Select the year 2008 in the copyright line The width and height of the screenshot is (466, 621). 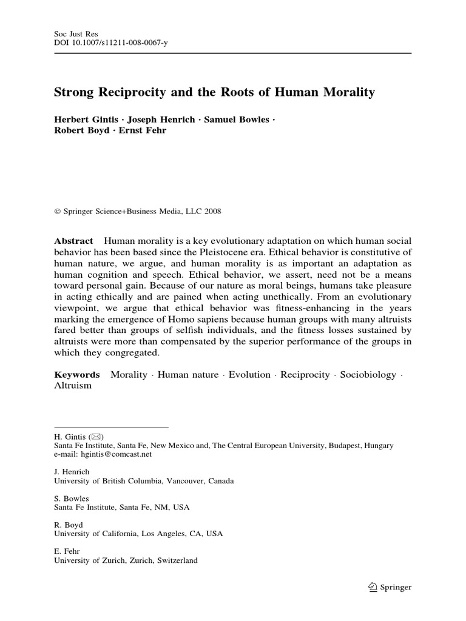coord(212,212)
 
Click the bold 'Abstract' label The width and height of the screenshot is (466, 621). coord(73,241)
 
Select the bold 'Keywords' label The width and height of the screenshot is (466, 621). coord(77,375)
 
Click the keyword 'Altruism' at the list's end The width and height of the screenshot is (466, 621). coord(73,386)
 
